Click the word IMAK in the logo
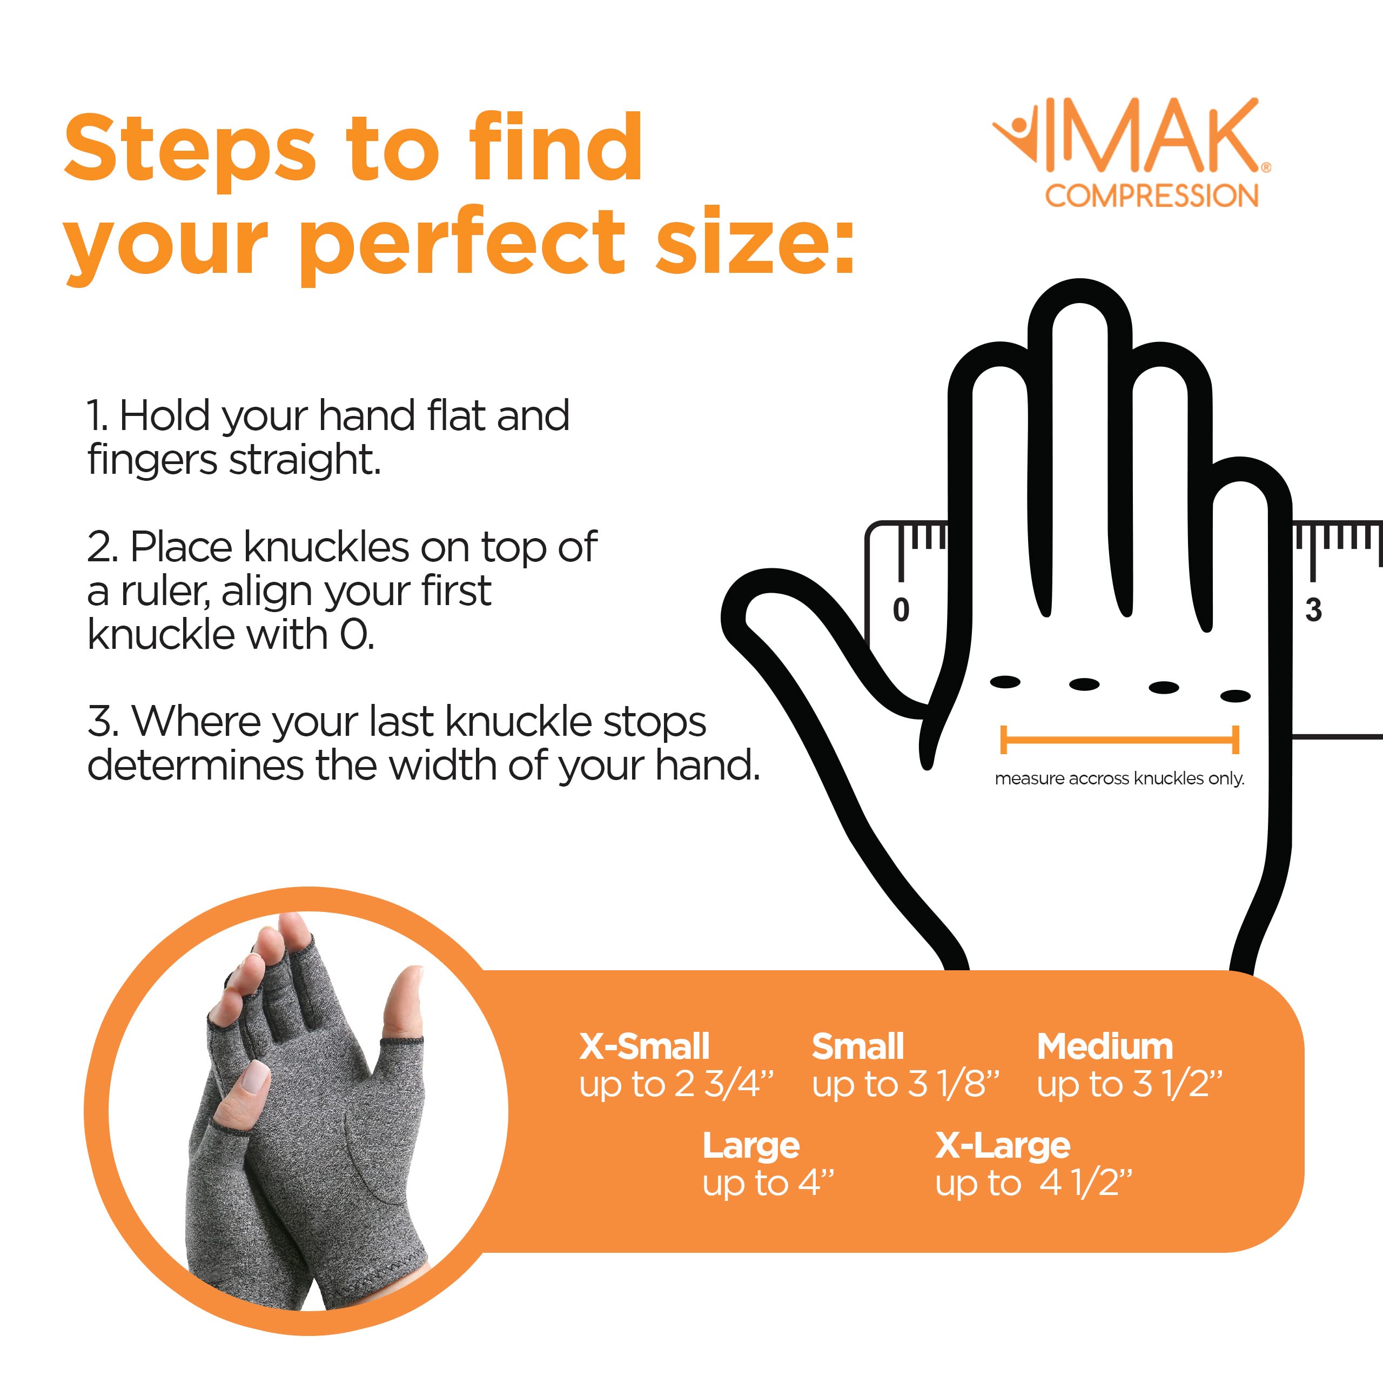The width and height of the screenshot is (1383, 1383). point(1151,136)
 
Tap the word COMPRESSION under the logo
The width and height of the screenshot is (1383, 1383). point(1151,196)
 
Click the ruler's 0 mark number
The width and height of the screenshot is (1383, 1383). point(901,610)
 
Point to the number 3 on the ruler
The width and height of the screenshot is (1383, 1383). point(1313,610)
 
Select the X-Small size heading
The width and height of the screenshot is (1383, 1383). point(643,1046)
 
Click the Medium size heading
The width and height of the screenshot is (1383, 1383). point(1105,1046)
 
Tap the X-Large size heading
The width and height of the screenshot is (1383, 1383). point(1002,1145)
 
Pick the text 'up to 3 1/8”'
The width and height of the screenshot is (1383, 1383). point(905,1084)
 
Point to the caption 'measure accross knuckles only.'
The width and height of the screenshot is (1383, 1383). point(1119,779)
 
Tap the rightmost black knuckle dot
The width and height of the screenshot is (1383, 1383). point(1235,696)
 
